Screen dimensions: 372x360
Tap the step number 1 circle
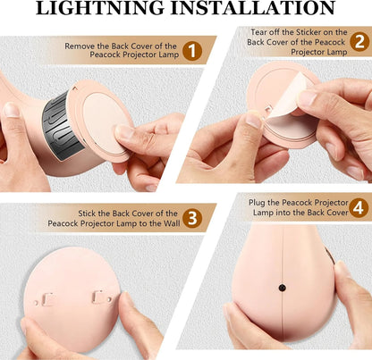click(x=192, y=51)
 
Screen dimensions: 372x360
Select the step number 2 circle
click(x=359, y=41)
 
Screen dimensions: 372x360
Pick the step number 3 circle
click(x=192, y=218)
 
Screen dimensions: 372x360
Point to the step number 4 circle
click(x=358, y=207)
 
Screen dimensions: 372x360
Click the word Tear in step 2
click(x=258, y=32)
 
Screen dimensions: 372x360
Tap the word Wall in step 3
click(x=172, y=223)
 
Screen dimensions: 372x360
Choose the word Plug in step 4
click(x=257, y=203)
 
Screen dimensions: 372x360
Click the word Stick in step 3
click(x=87, y=213)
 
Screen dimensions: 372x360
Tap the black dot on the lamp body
click(x=282, y=288)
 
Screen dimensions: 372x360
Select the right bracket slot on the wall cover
click(x=98, y=297)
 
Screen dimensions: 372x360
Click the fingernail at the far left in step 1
click(x=12, y=110)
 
